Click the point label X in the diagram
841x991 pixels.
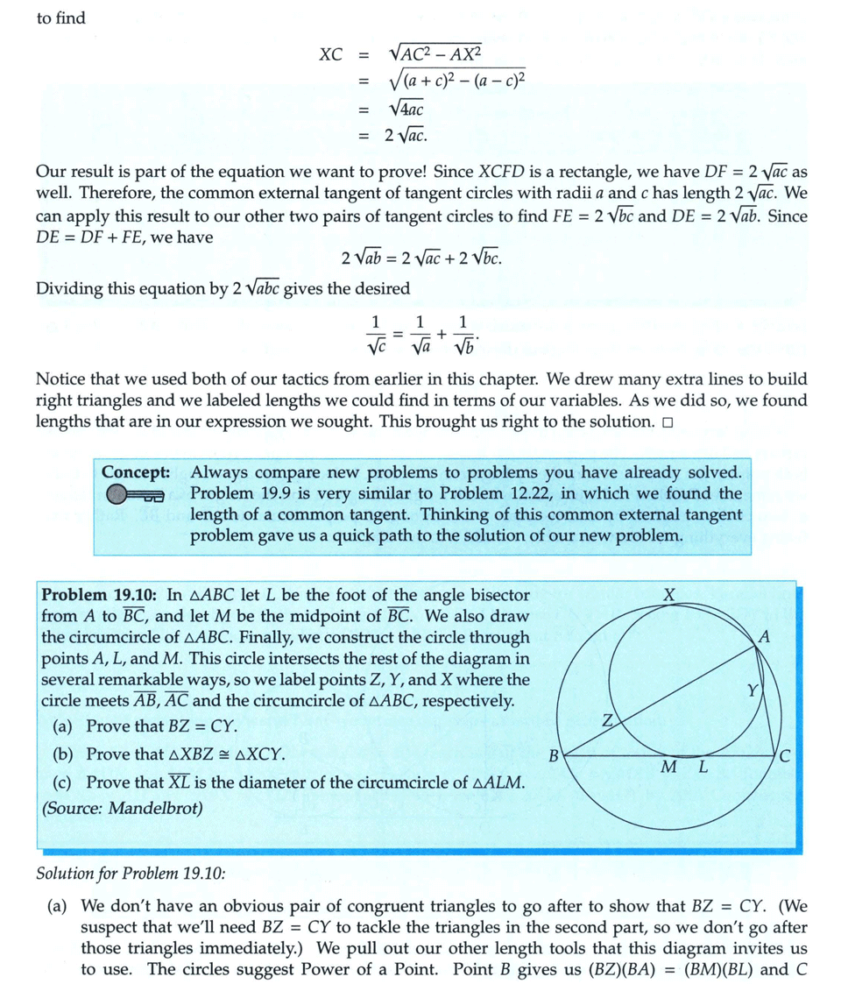(669, 596)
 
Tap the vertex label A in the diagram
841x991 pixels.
(765, 638)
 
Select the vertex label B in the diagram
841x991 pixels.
(553, 754)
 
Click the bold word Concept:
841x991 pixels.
(135, 471)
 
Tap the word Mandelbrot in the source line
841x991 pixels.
(154, 808)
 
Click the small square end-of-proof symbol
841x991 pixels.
(668, 423)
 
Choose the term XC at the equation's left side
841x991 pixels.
(330, 53)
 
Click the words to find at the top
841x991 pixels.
(60, 18)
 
